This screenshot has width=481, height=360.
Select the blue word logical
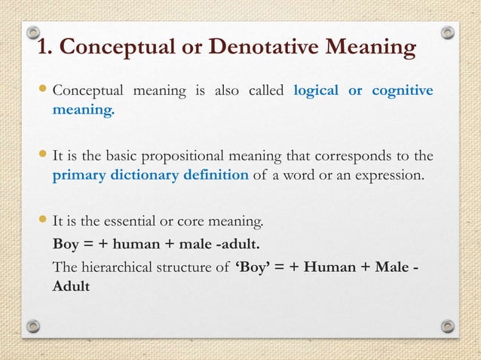click(x=316, y=92)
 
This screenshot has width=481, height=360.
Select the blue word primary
click(x=78, y=176)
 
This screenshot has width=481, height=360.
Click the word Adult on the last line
click(x=70, y=287)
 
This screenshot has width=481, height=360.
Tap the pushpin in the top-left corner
click(x=33, y=33)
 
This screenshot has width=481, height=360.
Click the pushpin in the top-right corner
click(x=447, y=33)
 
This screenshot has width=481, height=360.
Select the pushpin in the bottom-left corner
click(x=33, y=325)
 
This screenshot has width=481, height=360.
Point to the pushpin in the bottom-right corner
click(x=447, y=325)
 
